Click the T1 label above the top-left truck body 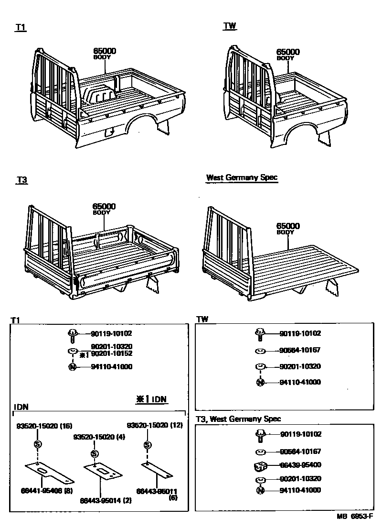21,28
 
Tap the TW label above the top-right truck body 230,26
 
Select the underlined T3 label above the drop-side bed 22,180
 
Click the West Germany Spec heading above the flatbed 242,177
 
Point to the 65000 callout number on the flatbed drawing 288,226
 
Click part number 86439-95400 300,465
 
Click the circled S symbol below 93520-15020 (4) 95,453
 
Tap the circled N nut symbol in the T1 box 72,367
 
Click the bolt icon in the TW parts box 260,334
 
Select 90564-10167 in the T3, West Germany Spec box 300,451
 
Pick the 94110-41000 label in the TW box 300,382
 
